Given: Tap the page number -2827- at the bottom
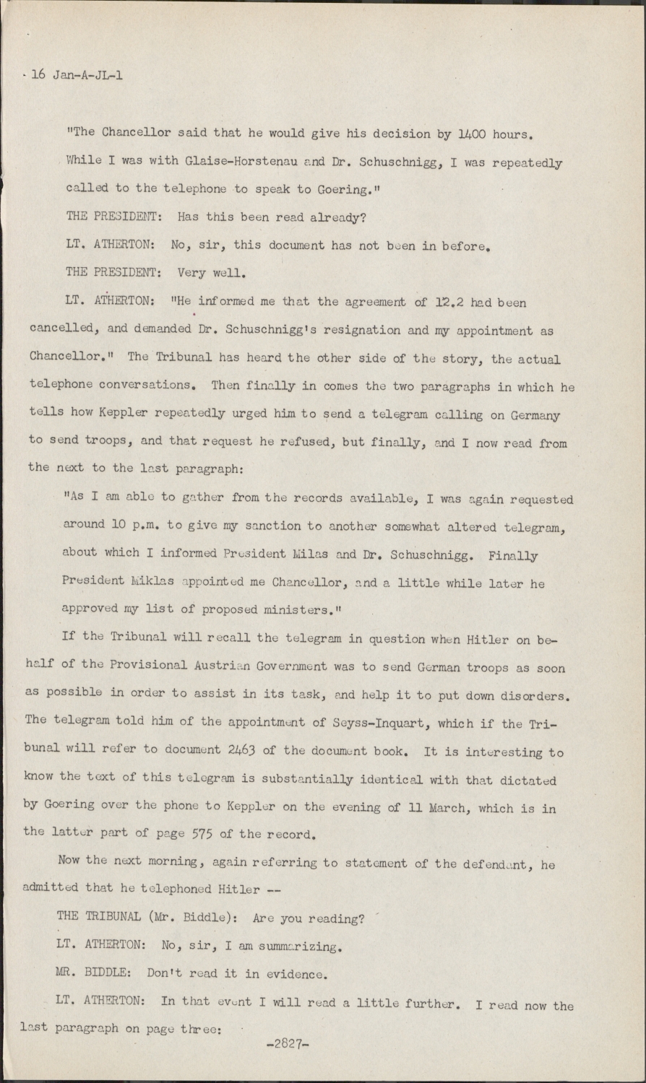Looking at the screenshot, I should pos(288,1044).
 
